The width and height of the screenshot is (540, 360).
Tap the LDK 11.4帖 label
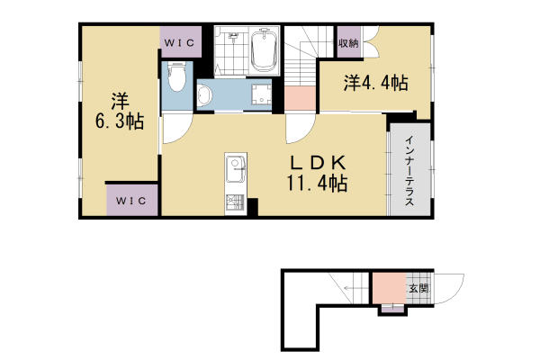tap(317, 173)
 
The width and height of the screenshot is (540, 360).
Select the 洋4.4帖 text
tap(375, 84)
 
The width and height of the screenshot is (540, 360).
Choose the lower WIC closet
tap(132, 199)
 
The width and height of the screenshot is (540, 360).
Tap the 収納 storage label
tap(349, 42)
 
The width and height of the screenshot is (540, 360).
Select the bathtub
tap(264, 52)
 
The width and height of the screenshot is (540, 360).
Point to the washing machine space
tap(262, 95)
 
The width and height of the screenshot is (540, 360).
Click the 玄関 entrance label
tap(418, 289)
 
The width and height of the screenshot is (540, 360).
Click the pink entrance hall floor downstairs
tap(389, 288)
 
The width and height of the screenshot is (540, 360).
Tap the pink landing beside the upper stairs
tap(300, 97)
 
